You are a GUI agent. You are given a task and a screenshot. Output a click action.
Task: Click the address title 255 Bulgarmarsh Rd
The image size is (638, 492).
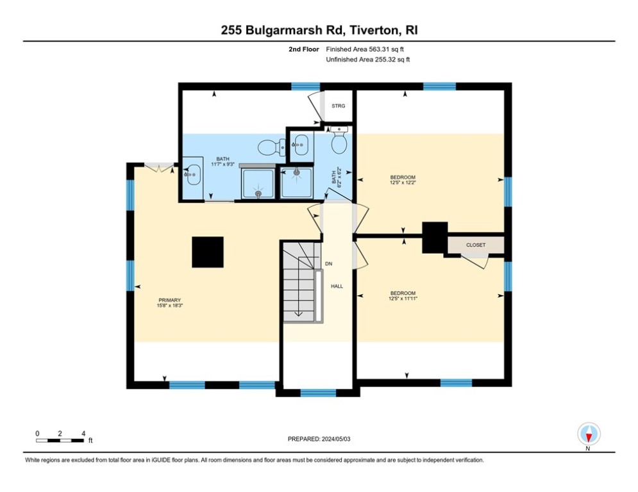pos(319,30)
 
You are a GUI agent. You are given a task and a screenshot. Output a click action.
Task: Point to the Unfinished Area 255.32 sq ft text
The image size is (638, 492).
pos(367,60)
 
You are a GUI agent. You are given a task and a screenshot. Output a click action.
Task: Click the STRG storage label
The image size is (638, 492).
pos(338,106)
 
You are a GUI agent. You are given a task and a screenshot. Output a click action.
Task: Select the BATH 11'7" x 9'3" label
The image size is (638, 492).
pos(222,161)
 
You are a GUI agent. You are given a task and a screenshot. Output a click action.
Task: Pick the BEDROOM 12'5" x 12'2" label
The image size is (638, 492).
pos(403,180)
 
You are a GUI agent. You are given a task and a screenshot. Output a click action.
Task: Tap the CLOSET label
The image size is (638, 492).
pos(475,245)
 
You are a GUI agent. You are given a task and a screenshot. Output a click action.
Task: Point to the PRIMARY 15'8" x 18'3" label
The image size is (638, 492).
pos(170,302)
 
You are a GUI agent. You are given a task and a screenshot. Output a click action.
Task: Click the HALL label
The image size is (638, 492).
pos(337,286)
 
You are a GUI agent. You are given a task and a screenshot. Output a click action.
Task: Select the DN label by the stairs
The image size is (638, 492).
pos(329,264)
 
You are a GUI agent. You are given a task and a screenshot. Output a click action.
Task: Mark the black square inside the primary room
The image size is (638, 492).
pos(208,252)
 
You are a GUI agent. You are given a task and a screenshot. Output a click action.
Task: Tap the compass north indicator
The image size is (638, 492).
pos(588,434)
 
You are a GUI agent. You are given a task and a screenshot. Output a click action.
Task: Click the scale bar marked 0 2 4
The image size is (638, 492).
pos(60,440)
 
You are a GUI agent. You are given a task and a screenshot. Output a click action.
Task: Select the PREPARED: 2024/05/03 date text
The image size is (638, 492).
pos(320,439)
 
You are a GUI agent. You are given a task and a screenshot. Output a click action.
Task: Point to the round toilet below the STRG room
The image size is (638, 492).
pos(340,143)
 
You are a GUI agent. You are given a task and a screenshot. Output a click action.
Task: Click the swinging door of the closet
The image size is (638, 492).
pos(475,261)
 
